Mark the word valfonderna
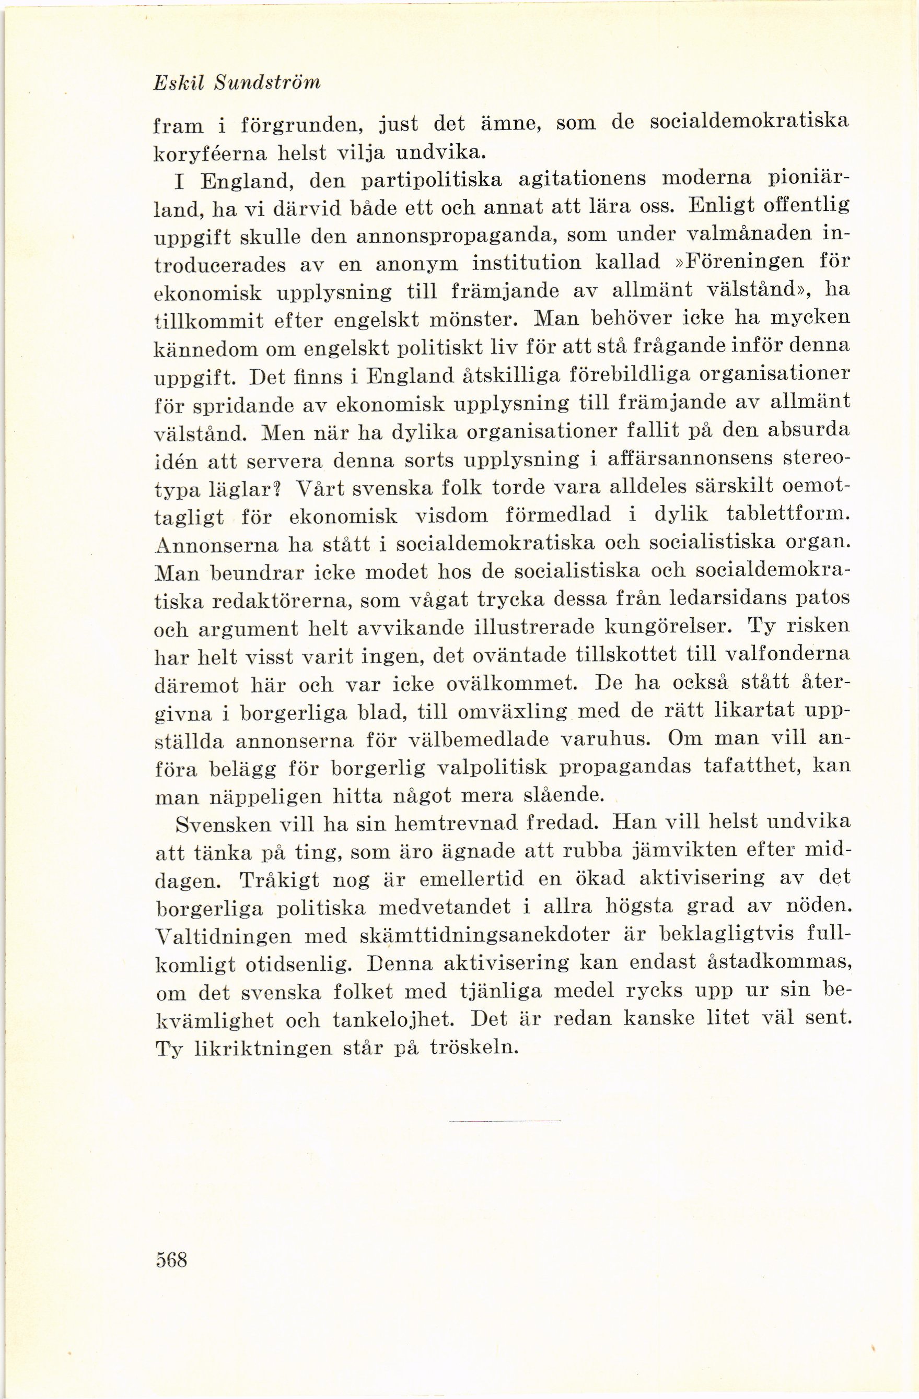(x=788, y=656)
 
